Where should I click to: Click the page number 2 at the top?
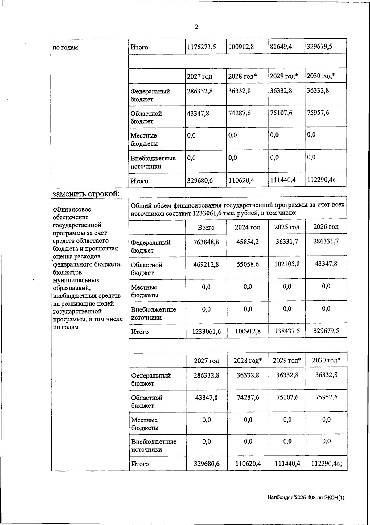196,27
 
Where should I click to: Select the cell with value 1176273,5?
202,47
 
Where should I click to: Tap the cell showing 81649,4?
281,47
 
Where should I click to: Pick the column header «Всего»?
206,228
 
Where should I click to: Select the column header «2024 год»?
247,228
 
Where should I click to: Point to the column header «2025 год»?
287,227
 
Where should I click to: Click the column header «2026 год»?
326,227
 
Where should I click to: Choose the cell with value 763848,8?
206,242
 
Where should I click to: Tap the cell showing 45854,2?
247,242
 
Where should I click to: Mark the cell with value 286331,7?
326,241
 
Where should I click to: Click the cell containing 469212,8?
206,264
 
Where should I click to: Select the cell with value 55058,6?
247,264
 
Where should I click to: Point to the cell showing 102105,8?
287,264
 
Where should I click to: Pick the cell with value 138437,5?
287,331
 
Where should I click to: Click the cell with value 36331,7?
287,242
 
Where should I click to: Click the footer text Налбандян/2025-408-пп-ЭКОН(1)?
306,498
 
